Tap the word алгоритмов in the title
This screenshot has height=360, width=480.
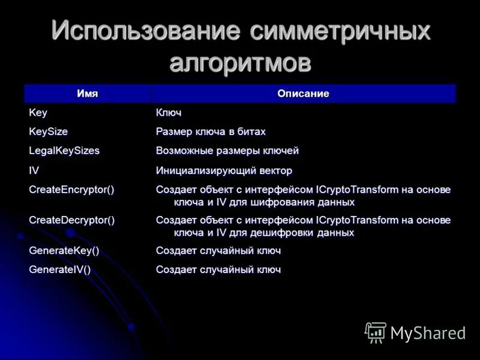(240, 62)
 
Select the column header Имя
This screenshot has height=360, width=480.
(87, 94)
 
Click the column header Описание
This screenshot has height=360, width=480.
(303, 94)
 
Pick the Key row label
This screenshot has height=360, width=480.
(38, 113)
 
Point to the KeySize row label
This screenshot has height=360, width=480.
(49, 131)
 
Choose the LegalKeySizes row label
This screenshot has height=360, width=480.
(64, 151)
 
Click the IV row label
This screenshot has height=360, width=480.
(34, 170)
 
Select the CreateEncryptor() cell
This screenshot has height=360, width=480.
(71, 190)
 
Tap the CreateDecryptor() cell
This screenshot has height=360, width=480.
(71, 220)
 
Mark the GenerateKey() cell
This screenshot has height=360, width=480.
(64, 251)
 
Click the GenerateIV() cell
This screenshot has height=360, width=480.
(60, 270)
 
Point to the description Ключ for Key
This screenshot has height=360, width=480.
(169, 113)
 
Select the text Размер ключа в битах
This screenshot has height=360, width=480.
(211, 131)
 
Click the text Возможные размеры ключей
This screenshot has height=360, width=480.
(227, 151)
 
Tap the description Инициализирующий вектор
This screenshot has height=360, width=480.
(224, 170)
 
